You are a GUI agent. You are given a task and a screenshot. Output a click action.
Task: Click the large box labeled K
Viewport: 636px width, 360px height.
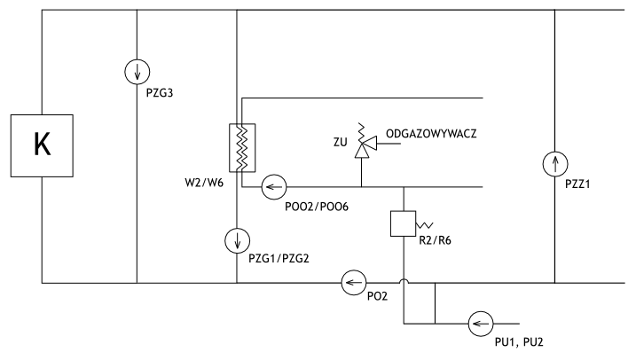[41, 145]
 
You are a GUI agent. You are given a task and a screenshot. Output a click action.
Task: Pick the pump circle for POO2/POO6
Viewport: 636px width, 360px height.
[273, 187]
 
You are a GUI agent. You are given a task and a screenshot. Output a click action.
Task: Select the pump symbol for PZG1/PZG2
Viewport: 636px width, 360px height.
[237, 239]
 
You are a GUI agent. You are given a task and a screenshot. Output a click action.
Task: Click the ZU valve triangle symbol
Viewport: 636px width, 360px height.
[362, 151]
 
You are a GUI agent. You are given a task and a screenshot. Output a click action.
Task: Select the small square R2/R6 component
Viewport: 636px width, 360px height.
[404, 222]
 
